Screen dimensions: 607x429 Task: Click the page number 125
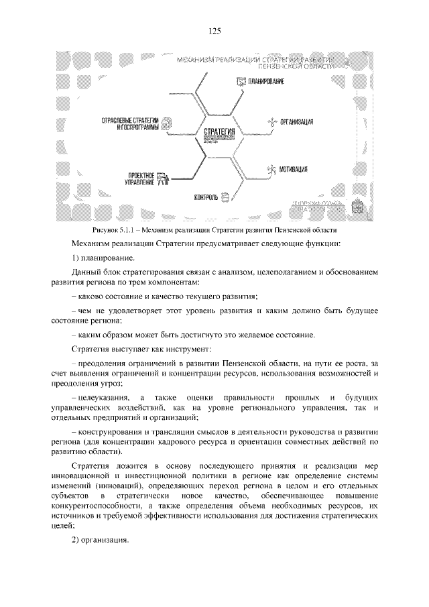click(x=214, y=30)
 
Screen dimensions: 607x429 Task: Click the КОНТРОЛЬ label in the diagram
click(x=206, y=198)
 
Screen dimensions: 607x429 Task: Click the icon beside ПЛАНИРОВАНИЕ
click(x=242, y=81)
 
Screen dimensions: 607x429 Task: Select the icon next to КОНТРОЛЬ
click(x=226, y=197)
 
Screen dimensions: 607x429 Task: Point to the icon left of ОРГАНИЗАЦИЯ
click(x=271, y=122)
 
